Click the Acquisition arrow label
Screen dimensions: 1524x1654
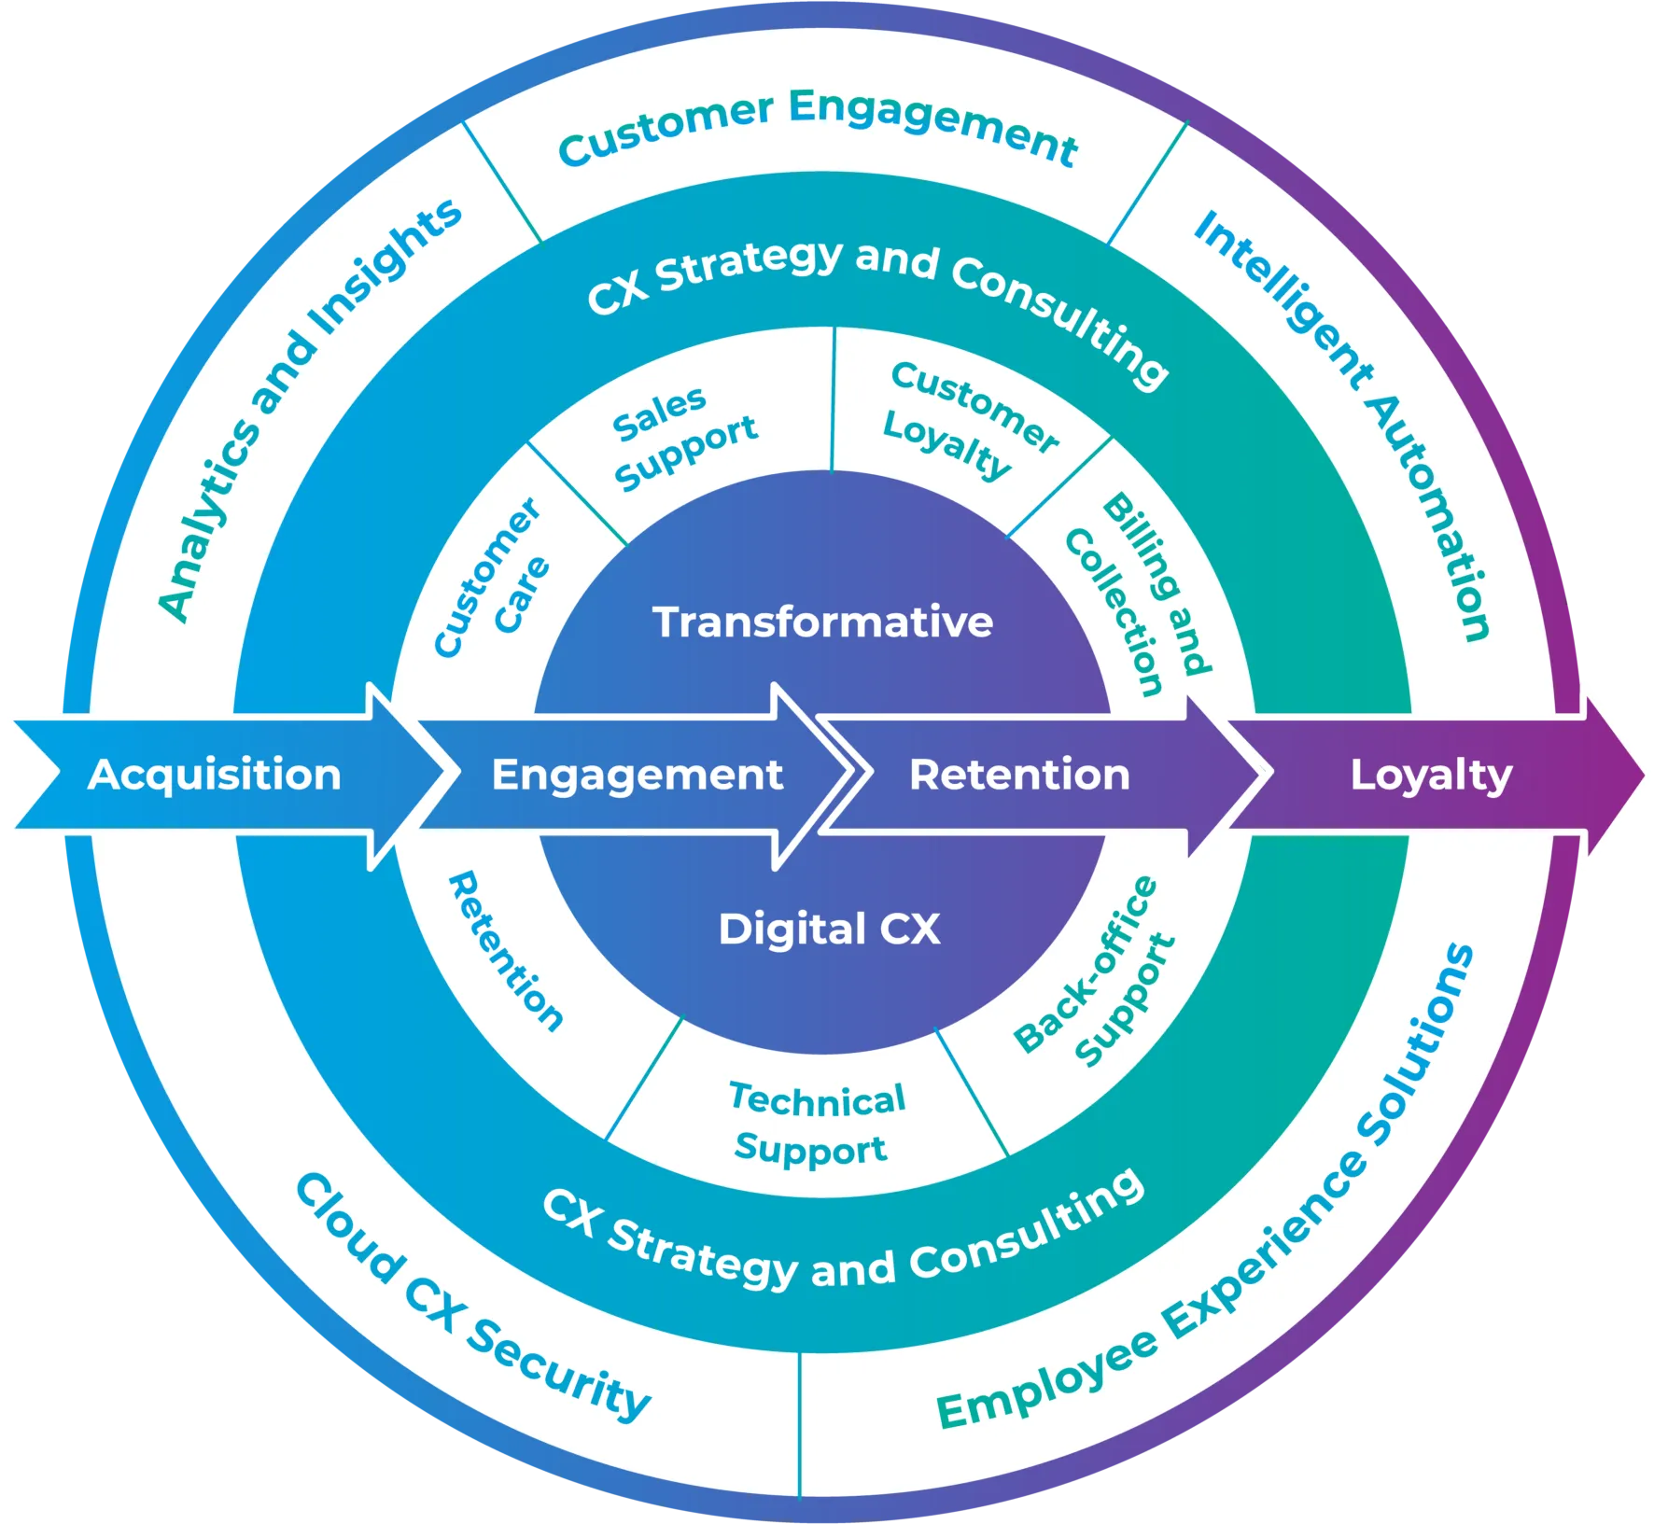[x=215, y=775]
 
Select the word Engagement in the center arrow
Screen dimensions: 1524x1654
[x=637, y=775]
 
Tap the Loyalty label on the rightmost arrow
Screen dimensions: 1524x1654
[x=1431, y=775]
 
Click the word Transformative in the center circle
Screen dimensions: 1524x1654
[x=822, y=622]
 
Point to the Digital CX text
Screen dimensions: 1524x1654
[x=829, y=929]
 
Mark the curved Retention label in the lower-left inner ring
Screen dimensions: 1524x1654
[x=504, y=952]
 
